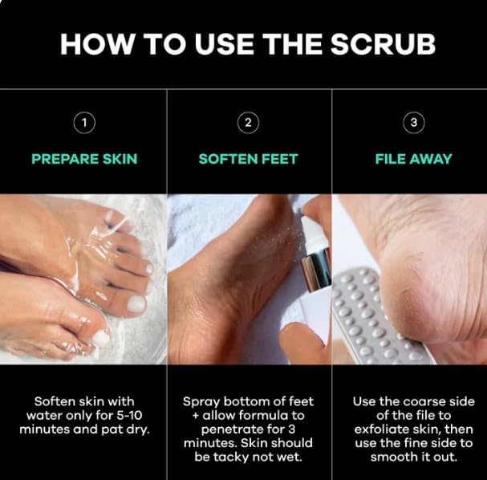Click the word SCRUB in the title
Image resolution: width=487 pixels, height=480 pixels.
pyautogui.click(x=379, y=43)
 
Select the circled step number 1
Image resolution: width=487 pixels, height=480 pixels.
pyautogui.click(x=84, y=123)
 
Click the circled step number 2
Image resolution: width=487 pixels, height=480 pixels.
pyautogui.click(x=249, y=123)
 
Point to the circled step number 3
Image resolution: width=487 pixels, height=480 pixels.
pyautogui.click(x=412, y=123)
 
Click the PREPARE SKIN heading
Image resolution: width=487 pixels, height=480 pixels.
pyautogui.click(x=84, y=159)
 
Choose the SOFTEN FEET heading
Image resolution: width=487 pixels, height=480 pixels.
pyautogui.click(x=249, y=159)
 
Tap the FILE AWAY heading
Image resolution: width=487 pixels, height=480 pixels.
pyautogui.click(x=412, y=159)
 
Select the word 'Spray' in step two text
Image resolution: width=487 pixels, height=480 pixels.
pyautogui.click(x=201, y=401)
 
